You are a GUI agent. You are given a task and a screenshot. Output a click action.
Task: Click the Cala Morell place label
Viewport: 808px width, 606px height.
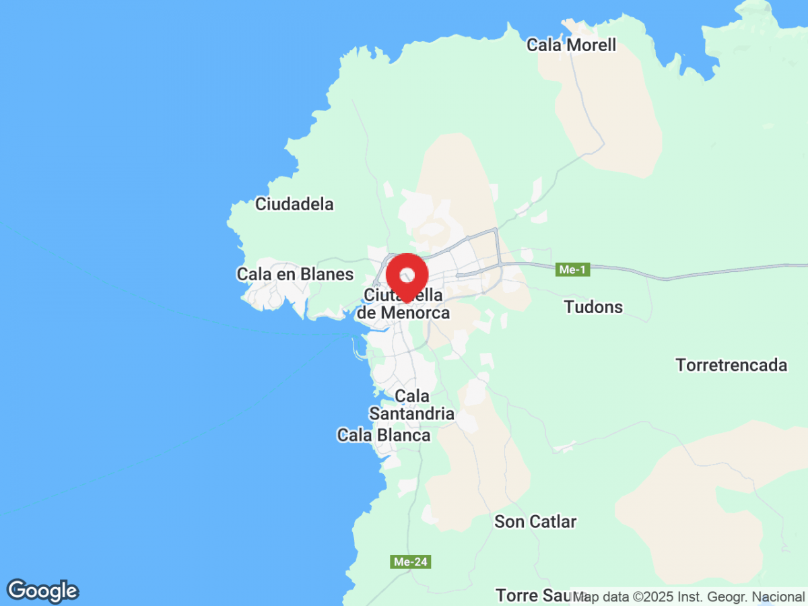tap(571, 45)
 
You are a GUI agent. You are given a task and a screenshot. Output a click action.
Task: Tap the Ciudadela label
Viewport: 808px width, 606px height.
tap(294, 204)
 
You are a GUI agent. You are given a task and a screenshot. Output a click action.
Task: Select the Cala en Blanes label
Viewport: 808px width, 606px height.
tap(295, 274)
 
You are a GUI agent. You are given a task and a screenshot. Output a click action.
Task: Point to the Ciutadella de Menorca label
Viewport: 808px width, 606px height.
tap(403, 304)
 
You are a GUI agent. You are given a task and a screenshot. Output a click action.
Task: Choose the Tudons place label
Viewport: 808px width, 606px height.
tap(593, 307)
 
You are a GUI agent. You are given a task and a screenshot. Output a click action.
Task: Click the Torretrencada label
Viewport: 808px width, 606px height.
tap(731, 365)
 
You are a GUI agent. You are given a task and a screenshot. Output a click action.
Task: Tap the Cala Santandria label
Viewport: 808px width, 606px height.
tap(411, 405)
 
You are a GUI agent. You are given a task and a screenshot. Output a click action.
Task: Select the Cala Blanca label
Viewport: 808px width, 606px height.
tap(384, 436)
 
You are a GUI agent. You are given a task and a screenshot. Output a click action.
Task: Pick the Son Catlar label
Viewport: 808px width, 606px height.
tap(535, 521)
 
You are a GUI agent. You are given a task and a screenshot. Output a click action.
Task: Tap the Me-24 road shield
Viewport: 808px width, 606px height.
tap(410, 562)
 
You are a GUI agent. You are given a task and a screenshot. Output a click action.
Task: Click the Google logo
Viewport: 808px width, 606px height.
tap(42, 591)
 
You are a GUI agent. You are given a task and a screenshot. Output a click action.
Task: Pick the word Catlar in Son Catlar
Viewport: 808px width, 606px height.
tap(553, 521)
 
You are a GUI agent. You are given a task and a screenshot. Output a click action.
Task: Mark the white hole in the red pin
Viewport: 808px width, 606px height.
tap(407, 275)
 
